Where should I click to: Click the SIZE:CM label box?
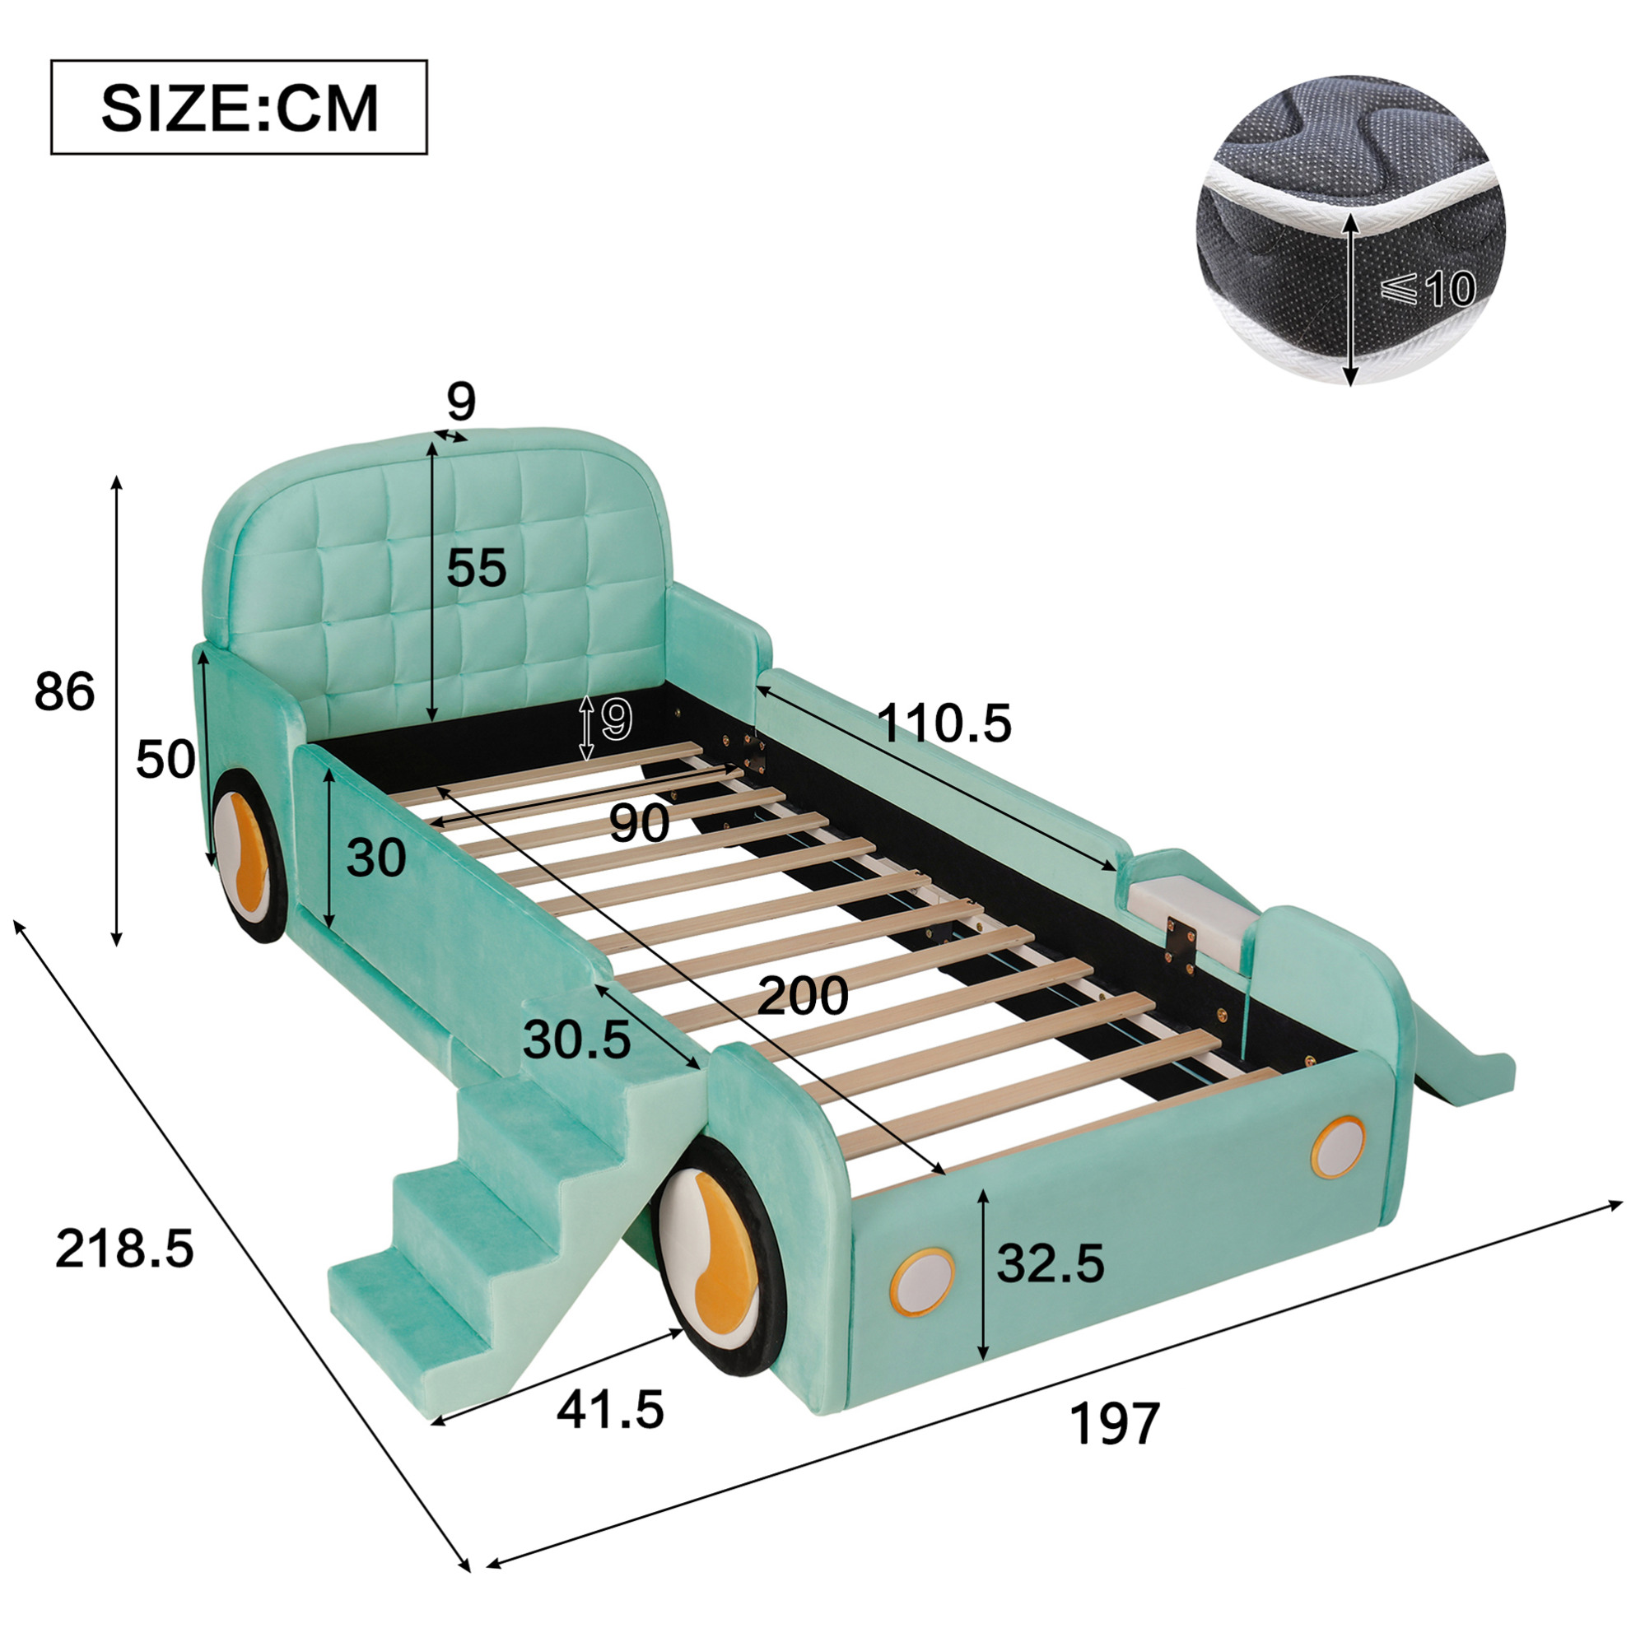[239, 107]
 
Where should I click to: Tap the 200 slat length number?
[802, 996]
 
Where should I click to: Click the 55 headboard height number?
[476, 567]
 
